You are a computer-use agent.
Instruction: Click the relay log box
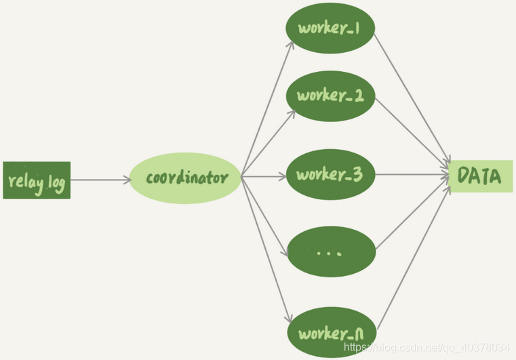36,180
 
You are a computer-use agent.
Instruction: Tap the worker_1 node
330,30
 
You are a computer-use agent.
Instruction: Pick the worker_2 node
330,96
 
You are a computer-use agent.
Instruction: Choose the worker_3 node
330,174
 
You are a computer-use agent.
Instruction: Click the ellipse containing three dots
330,252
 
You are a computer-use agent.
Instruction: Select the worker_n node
330,333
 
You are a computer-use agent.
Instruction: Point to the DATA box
479,177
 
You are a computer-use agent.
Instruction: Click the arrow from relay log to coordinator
100,180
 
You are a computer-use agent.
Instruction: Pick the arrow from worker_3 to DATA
412,175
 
